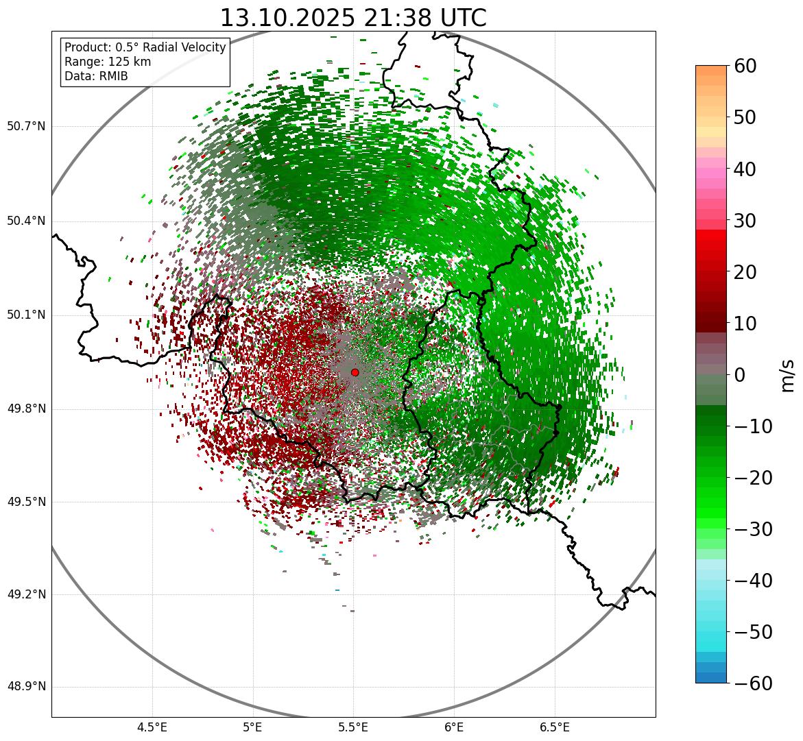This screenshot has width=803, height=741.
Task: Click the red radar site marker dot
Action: pyautogui.click(x=355, y=372)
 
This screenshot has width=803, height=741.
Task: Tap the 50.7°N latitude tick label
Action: pyautogui.click(x=25, y=127)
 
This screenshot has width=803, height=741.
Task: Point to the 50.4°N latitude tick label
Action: pyautogui.click(x=25, y=221)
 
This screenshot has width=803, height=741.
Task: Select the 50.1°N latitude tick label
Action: pyautogui.click(x=25, y=315)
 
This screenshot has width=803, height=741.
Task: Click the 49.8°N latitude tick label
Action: pyautogui.click(x=25, y=409)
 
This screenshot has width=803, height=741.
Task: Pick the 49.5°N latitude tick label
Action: pyautogui.click(x=25, y=502)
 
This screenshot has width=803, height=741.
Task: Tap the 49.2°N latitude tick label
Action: pyautogui.click(x=25, y=595)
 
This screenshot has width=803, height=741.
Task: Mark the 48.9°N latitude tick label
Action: pyautogui.click(x=25, y=687)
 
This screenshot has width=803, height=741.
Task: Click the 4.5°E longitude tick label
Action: pyautogui.click(x=152, y=727)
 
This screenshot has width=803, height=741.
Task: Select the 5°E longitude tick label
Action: pyautogui.click(x=253, y=727)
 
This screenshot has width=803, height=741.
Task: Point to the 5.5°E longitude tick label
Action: pyautogui.click(x=353, y=727)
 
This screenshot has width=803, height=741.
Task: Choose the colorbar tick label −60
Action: pyautogui.click(x=753, y=683)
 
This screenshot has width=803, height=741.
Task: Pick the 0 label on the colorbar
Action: pyautogui.click(x=740, y=375)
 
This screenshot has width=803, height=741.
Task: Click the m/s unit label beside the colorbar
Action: pyautogui.click(x=788, y=375)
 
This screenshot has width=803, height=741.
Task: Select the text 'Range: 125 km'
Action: pyautogui.click(x=108, y=62)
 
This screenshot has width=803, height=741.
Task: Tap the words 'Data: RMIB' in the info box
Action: pyautogui.click(x=96, y=76)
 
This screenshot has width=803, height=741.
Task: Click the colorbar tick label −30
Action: pyautogui.click(x=753, y=529)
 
